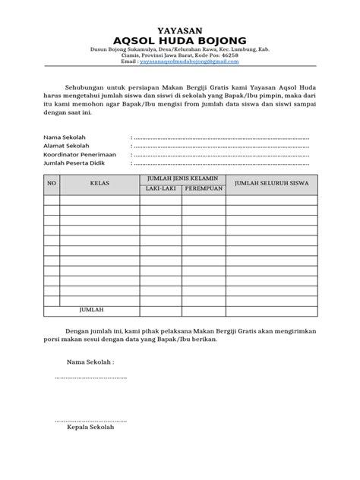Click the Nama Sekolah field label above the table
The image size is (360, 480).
point(64,137)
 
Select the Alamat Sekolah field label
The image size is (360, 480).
point(67,146)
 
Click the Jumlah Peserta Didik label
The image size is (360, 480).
point(74,163)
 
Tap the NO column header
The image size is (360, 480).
point(52,183)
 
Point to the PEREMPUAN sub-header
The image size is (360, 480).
point(204,188)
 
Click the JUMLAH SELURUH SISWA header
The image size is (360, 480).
point(270,183)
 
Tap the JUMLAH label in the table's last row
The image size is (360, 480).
point(91,310)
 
